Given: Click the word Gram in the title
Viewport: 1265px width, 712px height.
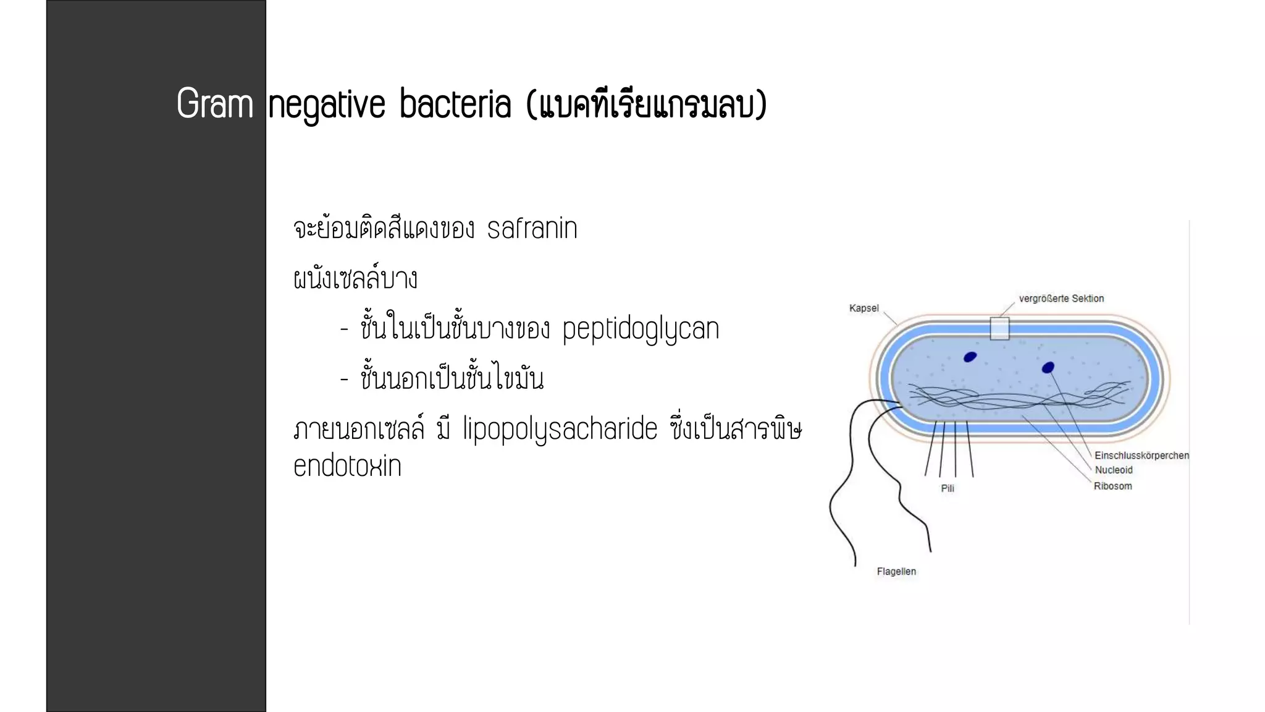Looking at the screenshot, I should click(215, 104).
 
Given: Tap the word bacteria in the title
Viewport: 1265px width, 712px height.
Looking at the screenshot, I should click(455, 104).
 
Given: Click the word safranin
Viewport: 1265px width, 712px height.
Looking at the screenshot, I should click(532, 229).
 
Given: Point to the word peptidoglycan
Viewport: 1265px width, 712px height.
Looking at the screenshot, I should click(641, 329).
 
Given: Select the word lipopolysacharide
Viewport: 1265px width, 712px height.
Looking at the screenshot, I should click(560, 429).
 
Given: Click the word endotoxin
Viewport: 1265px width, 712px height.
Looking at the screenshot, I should click(347, 467).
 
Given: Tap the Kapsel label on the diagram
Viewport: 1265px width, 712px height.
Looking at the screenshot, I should click(864, 308).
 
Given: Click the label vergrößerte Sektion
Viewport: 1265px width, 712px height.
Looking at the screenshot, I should click(1061, 299).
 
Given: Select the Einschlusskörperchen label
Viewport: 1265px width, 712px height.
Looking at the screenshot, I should click(1141, 456).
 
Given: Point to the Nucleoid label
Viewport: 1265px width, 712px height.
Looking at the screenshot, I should click(1114, 470).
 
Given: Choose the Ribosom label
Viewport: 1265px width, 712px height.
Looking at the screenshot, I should click(1112, 486).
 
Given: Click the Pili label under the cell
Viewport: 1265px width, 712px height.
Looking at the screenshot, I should click(948, 488).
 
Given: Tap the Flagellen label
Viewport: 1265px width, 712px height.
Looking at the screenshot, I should click(896, 572).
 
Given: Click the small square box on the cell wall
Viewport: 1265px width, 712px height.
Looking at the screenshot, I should click(999, 328).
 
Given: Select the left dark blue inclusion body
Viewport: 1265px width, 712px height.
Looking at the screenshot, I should click(970, 357).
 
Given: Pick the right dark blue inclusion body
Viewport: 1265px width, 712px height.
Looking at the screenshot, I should click(1048, 368).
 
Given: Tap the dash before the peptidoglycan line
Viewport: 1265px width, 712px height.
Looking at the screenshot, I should click(345, 329).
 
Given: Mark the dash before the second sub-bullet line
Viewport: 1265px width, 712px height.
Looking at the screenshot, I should click(345, 379).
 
